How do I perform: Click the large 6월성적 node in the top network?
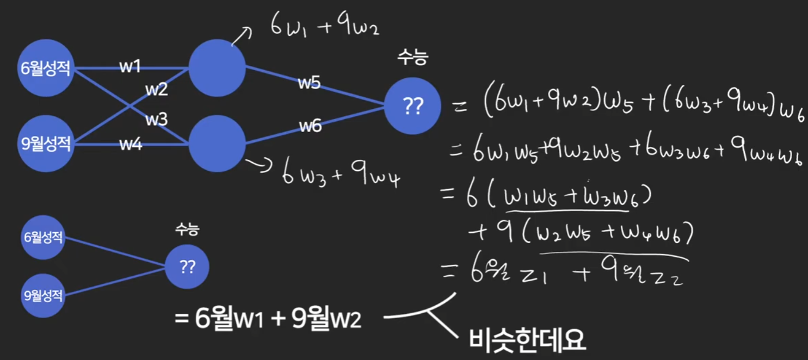click(45, 69)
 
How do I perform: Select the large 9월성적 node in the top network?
click(45, 144)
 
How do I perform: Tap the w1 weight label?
click(130, 67)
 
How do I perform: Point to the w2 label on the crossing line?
click(156, 90)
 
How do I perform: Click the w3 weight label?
click(156, 119)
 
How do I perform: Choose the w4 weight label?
click(131, 144)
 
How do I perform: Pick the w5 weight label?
click(309, 83)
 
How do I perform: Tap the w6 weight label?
click(310, 126)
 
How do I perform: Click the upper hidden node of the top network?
click(217, 68)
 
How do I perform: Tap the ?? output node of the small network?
click(187, 267)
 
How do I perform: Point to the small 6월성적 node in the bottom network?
click(43, 238)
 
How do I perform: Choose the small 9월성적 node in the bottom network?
click(43, 296)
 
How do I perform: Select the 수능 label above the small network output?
click(187, 229)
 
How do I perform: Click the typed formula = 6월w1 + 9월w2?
click(268, 319)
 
